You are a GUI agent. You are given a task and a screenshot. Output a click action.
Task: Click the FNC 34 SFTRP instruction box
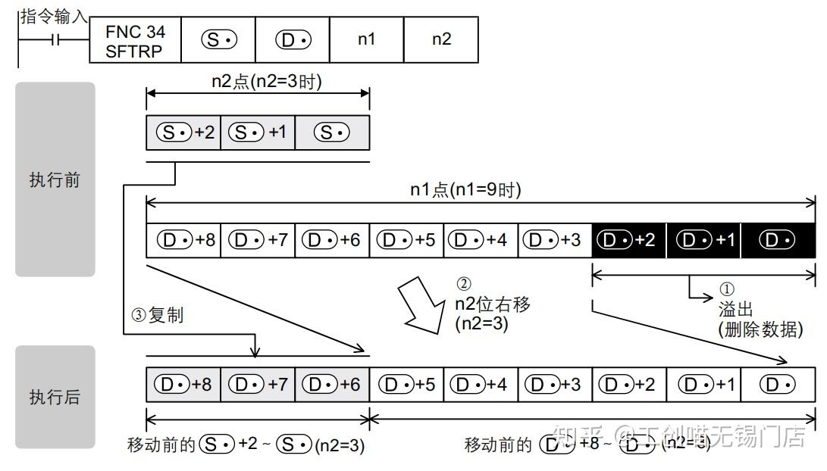[135, 41]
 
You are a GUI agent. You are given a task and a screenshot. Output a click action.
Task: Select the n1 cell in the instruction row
[367, 39]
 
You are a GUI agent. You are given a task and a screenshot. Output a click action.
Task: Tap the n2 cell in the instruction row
[441, 39]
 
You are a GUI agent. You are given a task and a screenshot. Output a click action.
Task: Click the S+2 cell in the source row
[183, 133]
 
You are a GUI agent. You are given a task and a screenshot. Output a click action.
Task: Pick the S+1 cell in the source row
[258, 133]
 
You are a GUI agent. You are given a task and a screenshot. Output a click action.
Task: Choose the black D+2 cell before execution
[629, 239]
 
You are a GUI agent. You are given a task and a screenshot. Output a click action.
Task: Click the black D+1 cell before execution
[703, 239]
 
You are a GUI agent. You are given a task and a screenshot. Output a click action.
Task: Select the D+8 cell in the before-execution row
[183, 239]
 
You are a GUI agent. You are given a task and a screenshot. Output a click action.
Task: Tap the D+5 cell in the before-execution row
[406, 239]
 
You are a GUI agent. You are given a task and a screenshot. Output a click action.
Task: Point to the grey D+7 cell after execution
[258, 384]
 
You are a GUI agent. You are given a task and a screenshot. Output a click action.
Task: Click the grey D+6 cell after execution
[332, 384]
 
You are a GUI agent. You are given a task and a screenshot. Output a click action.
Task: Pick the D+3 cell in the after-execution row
[555, 384]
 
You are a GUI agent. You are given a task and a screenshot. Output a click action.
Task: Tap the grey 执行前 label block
[55, 179]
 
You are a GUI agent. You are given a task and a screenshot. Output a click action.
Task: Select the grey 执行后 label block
[55, 396]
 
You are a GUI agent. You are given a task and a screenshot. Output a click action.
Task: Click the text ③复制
[158, 316]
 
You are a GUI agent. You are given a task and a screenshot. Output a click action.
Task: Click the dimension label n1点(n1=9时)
[465, 190]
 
